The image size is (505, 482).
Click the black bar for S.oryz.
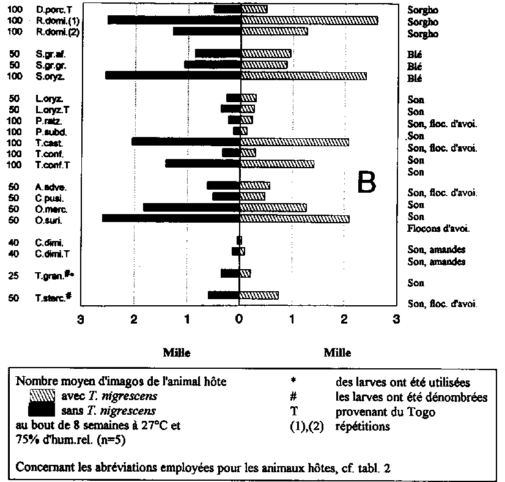pyautogui.click(x=173, y=76)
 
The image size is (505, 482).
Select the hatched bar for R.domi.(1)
pyautogui.click(x=309, y=21)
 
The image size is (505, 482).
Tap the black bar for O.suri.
pyautogui.click(x=171, y=218)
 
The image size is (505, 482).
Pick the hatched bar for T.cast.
pyautogui.click(x=294, y=142)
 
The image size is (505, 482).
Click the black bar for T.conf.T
pyautogui.click(x=203, y=164)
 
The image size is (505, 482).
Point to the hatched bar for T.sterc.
pyautogui.click(x=259, y=295)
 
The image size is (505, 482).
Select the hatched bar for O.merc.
pyautogui.click(x=273, y=208)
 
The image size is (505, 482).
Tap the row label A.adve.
pyautogui.click(x=50, y=187)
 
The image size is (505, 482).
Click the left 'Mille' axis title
pyautogui.click(x=176, y=353)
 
